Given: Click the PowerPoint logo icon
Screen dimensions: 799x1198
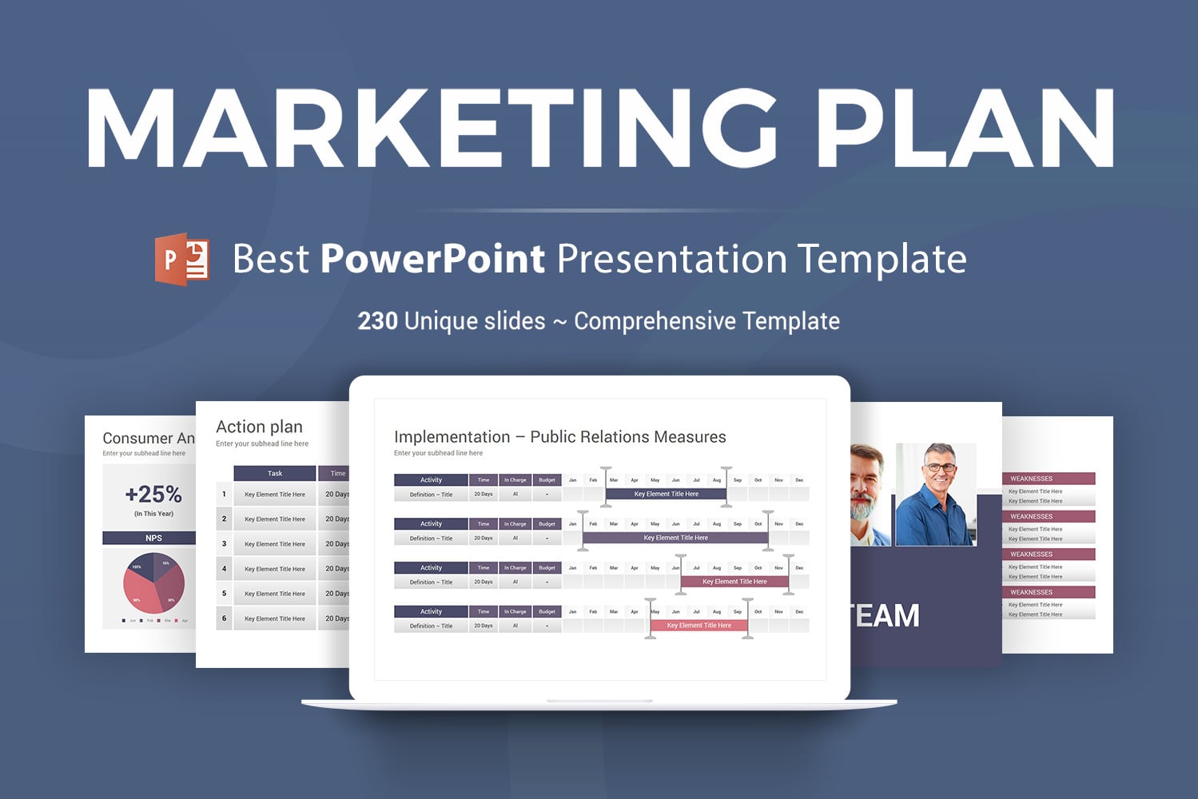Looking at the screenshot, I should click(x=182, y=260).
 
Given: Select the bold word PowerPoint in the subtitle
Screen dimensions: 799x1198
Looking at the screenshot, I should click(x=432, y=259).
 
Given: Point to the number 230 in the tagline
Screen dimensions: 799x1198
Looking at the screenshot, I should click(x=377, y=321).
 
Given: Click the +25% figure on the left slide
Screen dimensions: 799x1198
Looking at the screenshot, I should click(x=153, y=495).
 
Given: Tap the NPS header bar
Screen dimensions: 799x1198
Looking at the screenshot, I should click(x=152, y=538).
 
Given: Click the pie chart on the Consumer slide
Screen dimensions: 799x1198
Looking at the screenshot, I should click(x=153, y=582).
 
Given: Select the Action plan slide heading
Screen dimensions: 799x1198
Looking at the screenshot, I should click(x=259, y=427).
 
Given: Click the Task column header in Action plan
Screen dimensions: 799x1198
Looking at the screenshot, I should click(x=274, y=473).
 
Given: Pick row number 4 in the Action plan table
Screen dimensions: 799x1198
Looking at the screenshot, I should click(x=224, y=569).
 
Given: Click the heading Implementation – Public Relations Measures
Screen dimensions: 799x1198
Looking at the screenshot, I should click(x=559, y=437).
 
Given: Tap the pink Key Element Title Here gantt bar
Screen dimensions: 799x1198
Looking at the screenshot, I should click(x=699, y=626).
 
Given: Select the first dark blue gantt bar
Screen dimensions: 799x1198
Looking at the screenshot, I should click(x=666, y=495).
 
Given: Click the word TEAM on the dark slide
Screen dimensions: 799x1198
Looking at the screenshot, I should click(x=886, y=616).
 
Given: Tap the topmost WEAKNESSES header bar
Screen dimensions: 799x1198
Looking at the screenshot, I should click(x=1048, y=479).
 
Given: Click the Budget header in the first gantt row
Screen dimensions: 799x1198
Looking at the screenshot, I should click(x=547, y=480).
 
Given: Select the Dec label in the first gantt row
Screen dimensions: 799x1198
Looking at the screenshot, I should click(x=798, y=480).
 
